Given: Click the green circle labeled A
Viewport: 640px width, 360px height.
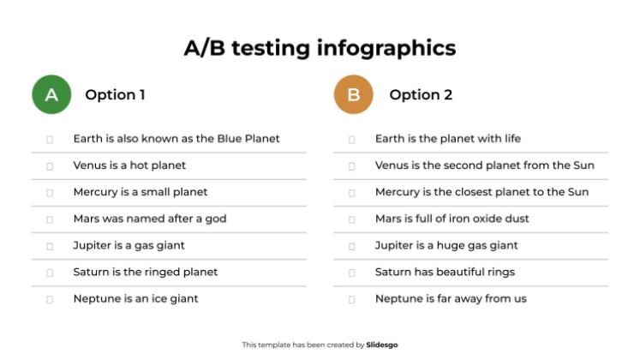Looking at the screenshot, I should click(x=51, y=94).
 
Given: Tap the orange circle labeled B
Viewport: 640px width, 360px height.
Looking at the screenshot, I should click(x=353, y=94).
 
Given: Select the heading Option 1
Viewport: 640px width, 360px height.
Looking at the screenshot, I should click(x=115, y=94).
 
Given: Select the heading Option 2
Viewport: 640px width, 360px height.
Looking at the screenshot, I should click(x=421, y=94).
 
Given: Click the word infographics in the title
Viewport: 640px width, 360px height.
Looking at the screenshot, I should click(x=386, y=47).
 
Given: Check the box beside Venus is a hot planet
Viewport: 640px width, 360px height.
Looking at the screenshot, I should click(x=50, y=165).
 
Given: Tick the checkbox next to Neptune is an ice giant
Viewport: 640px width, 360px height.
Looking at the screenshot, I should click(x=50, y=299).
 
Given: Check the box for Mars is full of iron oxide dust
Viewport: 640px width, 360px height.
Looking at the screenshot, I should click(x=351, y=219).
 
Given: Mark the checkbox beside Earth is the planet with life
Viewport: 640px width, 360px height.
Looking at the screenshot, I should click(x=351, y=139).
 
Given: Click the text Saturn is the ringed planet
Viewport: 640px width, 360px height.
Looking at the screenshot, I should click(x=145, y=272).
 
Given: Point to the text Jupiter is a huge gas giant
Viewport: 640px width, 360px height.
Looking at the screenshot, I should click(x=446, y=245).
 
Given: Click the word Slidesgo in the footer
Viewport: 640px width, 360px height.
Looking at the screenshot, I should click(x=382, y=345).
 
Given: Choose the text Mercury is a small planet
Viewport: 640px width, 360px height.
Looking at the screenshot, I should click(x=140, y=192).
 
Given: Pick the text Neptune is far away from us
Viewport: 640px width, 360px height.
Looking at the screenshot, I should click(x=451, y=298).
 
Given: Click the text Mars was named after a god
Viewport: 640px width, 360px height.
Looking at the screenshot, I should click(x=149, y=219).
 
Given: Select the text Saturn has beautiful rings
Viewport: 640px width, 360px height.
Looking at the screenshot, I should click(x=445, y=272).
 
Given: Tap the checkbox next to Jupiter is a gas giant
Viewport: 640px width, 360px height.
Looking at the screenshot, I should click(x=50, y=246).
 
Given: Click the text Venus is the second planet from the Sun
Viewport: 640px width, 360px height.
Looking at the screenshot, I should click(x=484, y=165).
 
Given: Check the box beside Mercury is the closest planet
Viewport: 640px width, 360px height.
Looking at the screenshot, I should click(x=351, y=193).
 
